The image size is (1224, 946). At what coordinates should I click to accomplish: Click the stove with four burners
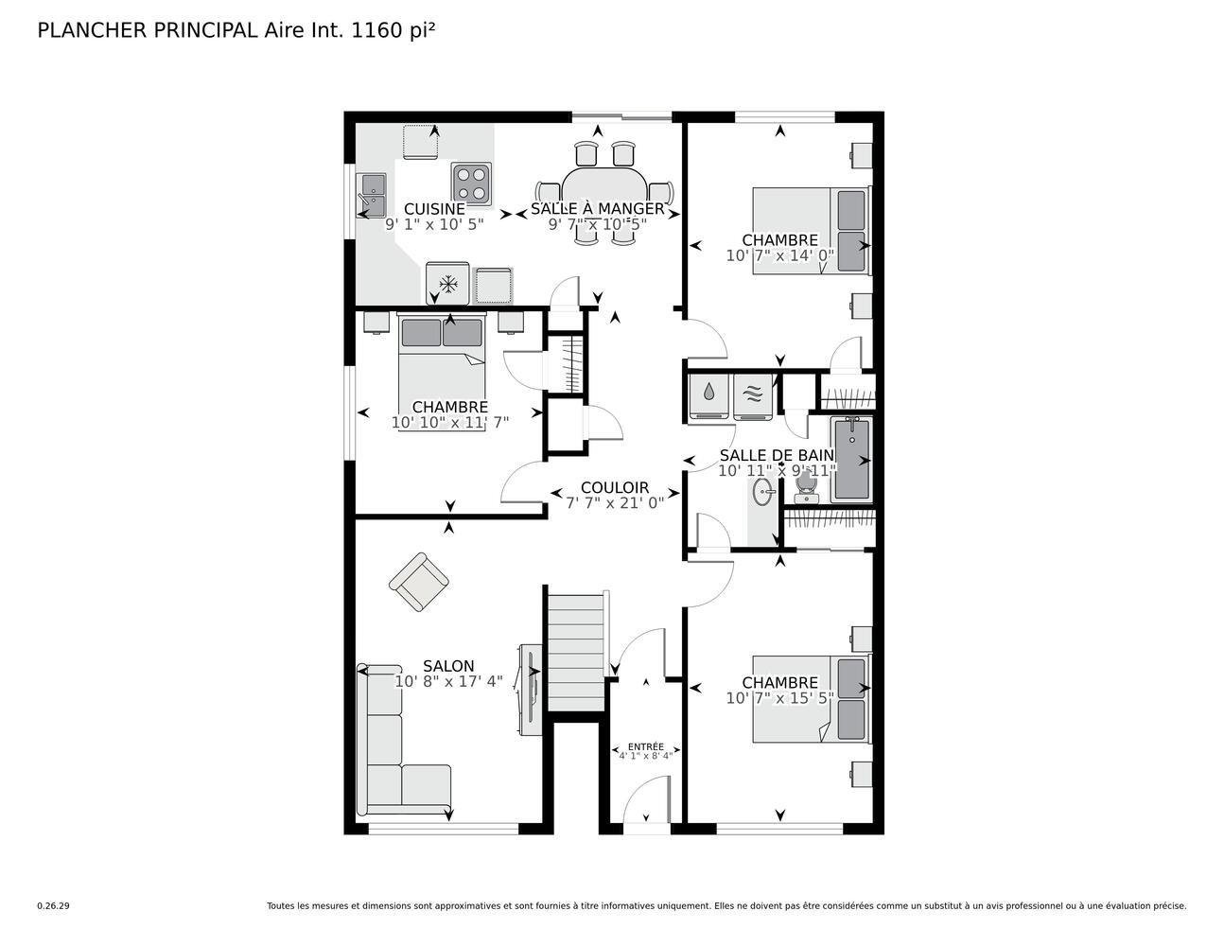[472, 184]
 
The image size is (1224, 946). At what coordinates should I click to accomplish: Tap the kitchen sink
[370, 194]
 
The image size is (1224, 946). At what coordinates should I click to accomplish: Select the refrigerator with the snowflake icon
[449, 284]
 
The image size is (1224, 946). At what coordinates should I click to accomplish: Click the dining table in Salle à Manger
[604, 189]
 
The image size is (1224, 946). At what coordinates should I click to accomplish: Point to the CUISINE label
[434, 209]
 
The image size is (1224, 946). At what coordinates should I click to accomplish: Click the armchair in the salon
[418, 581]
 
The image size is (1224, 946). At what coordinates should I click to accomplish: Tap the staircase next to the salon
[576, 653]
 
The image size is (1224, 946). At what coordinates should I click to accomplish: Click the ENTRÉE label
[646, 746]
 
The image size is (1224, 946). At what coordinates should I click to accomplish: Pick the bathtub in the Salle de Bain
[850, 460]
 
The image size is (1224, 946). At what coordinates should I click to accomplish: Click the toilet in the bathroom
[806, 485]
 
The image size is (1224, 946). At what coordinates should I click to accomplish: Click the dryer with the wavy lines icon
[753, 395]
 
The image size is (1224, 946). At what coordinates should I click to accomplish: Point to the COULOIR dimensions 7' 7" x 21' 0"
[615, 503]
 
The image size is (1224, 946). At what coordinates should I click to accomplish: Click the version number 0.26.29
[53, 905]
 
